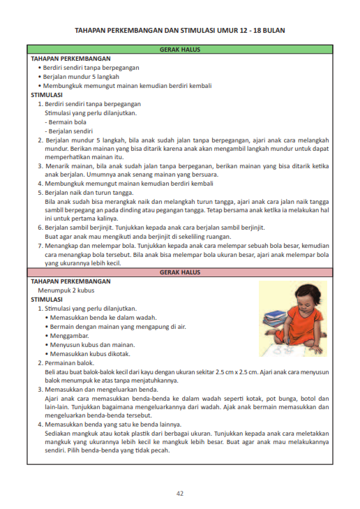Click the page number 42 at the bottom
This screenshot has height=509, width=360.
tap(179, 494)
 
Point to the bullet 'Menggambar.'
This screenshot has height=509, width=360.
tap(69, 335)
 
